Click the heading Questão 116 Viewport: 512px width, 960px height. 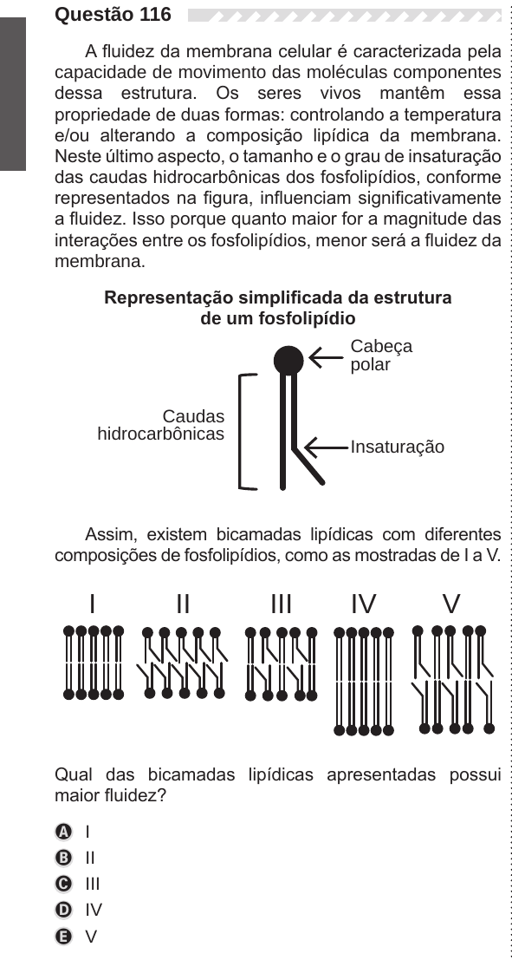coord(113,14)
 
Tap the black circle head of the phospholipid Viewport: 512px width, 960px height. coord(288,360)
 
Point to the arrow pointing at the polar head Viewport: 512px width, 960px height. coord(326,357)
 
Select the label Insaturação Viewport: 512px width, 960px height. coord(398,447)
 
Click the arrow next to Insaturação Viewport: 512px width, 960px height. coord(326,447)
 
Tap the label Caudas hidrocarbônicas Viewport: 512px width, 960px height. coord(161,425)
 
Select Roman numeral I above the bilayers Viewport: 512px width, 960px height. coord(93,604)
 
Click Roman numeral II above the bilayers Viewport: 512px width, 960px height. coord(183,604)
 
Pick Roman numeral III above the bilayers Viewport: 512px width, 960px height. coord(282,604)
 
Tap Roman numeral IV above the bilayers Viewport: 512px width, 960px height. coord(364,604)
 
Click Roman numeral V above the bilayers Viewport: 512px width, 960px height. coord(451,604)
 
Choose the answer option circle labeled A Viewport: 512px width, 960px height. coord(63,832)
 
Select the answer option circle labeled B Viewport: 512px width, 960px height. coord(63,859)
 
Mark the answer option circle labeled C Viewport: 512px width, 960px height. coord(63,885)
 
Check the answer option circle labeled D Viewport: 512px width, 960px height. coord(63,911)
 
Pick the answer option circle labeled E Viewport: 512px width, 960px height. coord(63,937)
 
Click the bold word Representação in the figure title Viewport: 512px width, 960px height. coord(169,298)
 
